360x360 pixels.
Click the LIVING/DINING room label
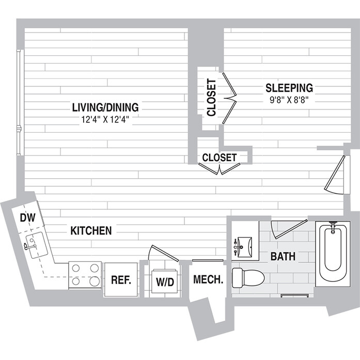[x=105, y=107]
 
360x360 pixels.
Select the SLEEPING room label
[x=289, y=87]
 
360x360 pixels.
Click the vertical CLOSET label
[x=211, y=98]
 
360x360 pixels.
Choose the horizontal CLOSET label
[x=220, y=157]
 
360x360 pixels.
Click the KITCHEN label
[x=91, y=230]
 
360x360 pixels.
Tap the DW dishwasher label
[x=27, y=217]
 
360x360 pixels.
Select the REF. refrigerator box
[x=122, y=280]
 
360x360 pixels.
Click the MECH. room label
[x=208, y=280]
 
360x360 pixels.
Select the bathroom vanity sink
[x=244, y=246]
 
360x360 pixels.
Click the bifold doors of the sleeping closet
[x=229, y=98]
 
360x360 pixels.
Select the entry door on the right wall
[x=336, y=174]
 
